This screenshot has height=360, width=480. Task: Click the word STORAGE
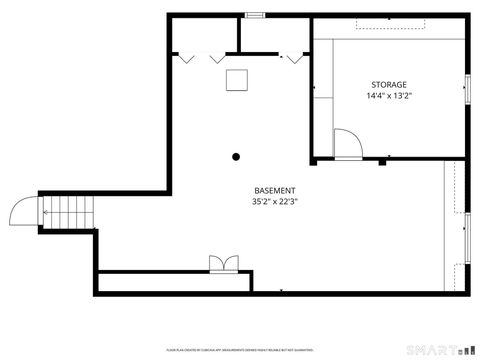pyautogui.click(x=389, y=85)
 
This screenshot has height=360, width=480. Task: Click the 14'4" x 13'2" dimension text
pyautogui.click(x=389, y=97)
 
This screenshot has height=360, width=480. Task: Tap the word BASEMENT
pyautogui.click(x=274, y=190)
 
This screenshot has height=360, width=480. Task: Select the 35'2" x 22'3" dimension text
pyautogui.click(x=274, y=202)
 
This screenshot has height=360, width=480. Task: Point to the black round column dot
pyautogui.click(x=236, y=156)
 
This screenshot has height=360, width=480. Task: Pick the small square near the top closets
pyautogui.click(x=238, y=80)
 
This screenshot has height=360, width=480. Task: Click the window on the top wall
pyautogui.click(x=254, y=15)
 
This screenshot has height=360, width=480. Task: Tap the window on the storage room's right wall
pyautogui.click(x=467, y=89)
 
